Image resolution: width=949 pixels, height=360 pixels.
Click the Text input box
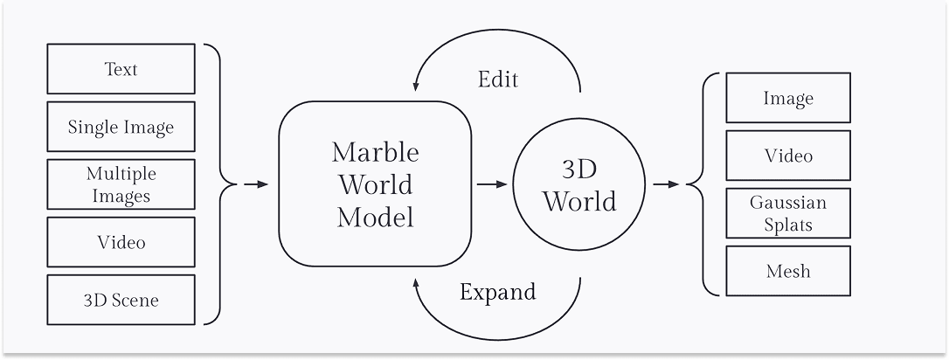[121, 69]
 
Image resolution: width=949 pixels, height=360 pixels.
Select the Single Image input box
[121, 127]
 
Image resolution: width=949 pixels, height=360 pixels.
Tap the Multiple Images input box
[121, 184]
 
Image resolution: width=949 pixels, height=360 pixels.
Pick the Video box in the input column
[121, 242]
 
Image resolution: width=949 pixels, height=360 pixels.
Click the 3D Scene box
[121, 300]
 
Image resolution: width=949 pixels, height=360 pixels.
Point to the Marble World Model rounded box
[375, 183]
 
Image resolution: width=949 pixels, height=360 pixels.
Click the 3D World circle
[579, 184]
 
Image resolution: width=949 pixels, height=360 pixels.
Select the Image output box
[787, 98]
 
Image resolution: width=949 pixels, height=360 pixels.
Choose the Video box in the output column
[787, 156]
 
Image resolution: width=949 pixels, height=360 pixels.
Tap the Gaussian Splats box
[787, 213]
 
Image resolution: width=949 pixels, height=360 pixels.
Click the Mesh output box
[787, 271]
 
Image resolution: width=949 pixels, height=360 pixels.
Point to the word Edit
[498, 80]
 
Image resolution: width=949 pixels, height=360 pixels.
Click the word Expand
[497, 291]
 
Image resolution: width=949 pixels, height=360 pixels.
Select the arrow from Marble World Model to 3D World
[491, 184]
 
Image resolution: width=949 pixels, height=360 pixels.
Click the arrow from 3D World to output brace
[666, 184]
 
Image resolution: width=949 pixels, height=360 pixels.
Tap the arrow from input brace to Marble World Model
[255, 184]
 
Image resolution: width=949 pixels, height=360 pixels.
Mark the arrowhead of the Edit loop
[416, 87]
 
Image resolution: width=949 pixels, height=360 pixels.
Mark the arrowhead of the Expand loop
[416, 281]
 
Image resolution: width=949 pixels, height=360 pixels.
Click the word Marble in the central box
[375, 152]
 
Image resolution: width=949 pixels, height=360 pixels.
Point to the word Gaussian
[787, 203]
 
